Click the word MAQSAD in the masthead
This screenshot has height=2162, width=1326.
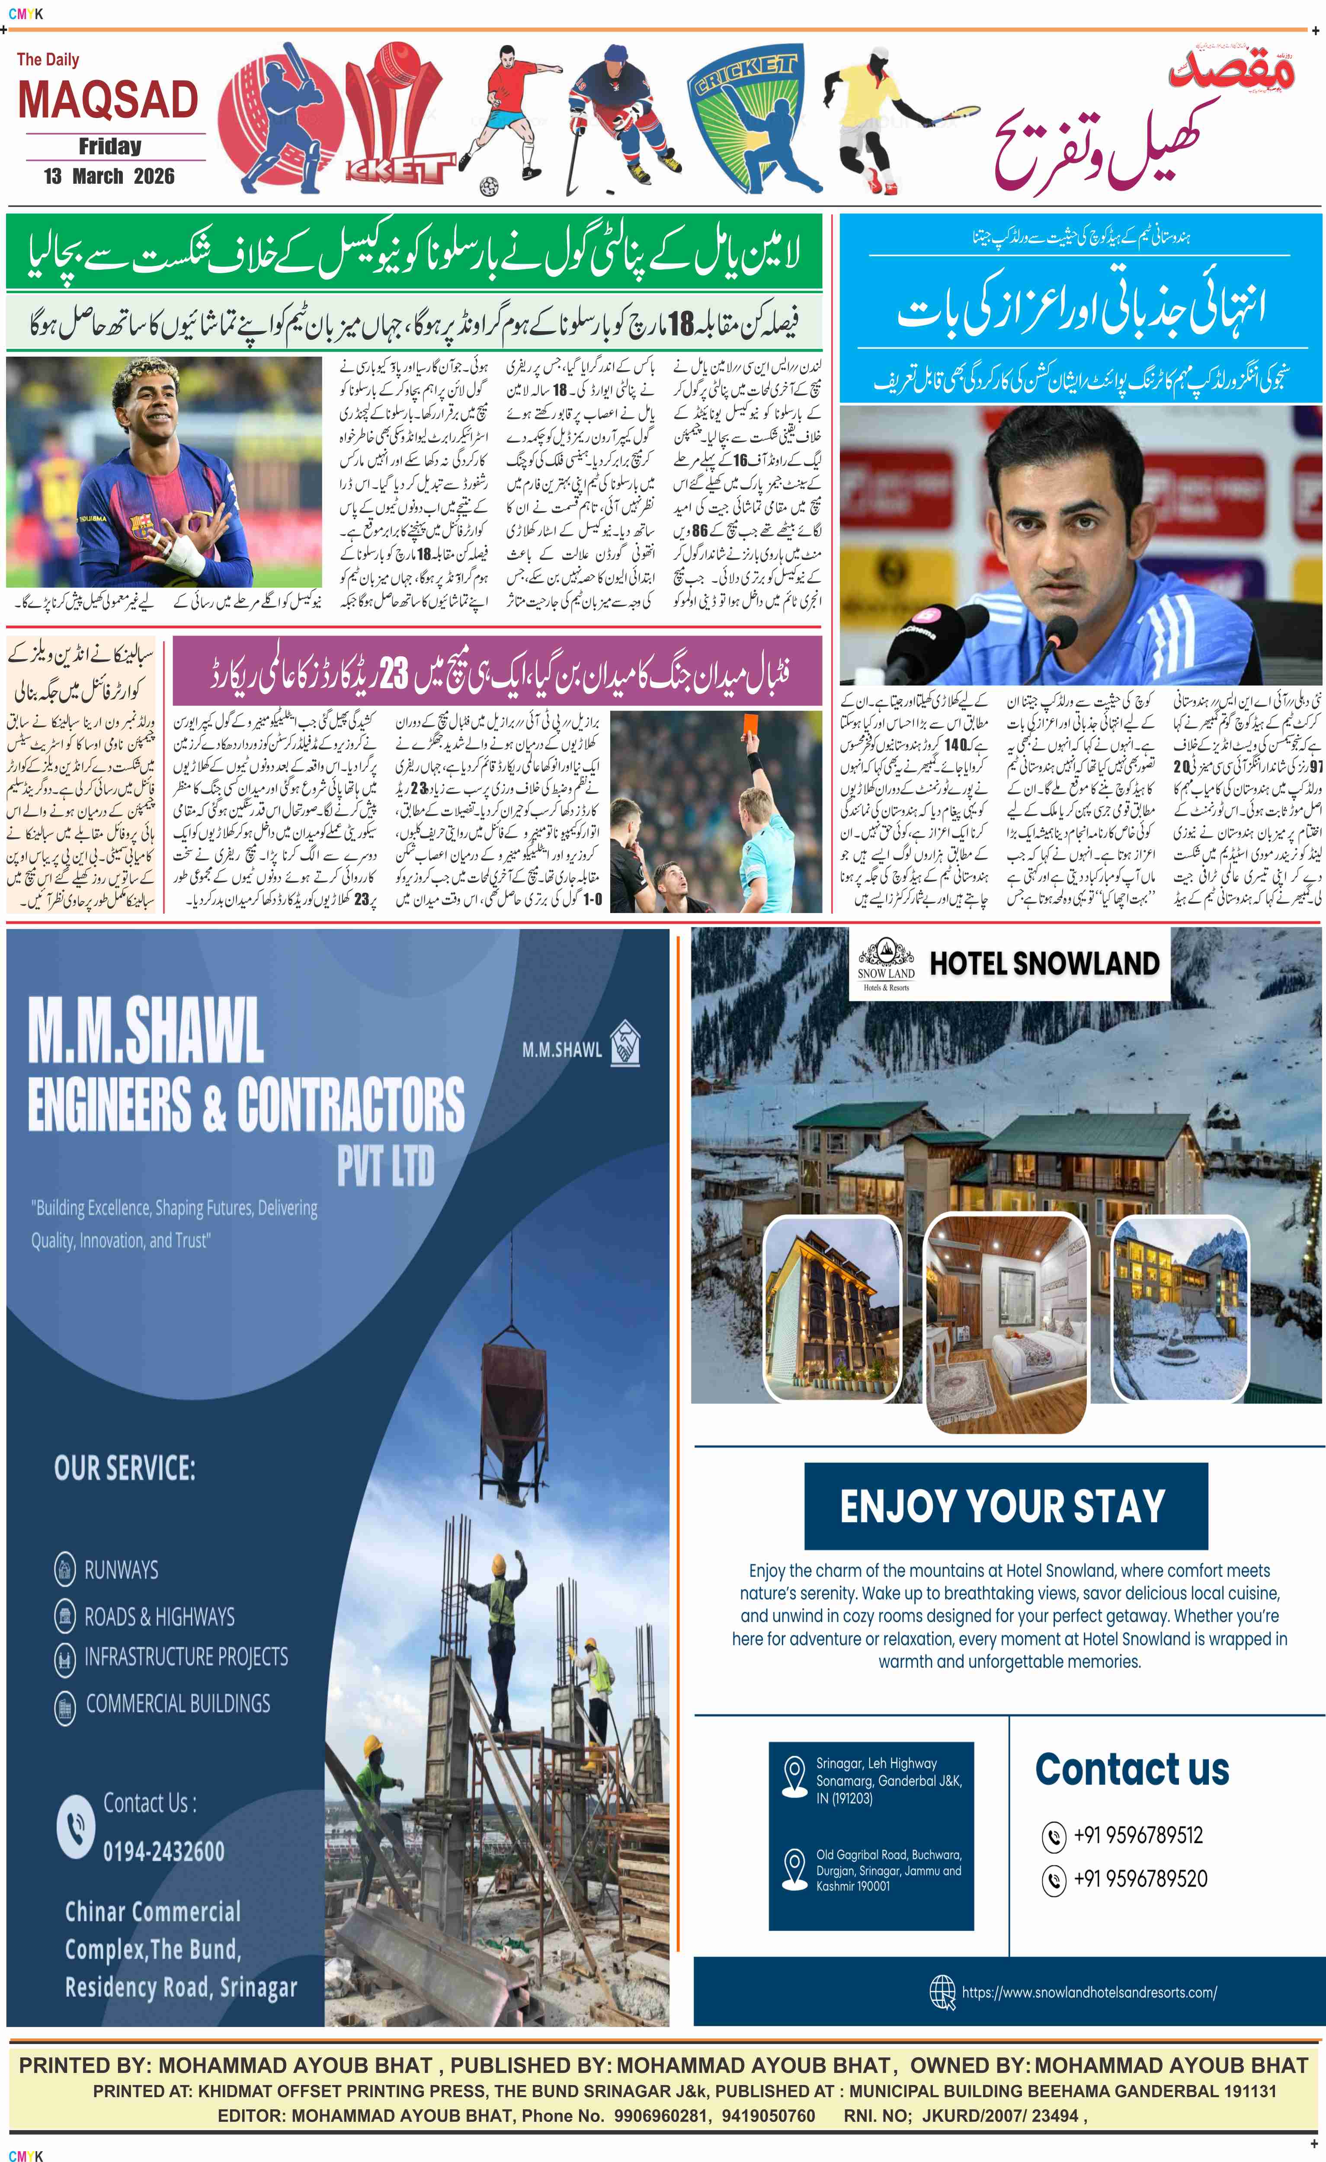click(x=108, y=100)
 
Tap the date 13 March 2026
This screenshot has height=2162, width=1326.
click(x=109, y=176)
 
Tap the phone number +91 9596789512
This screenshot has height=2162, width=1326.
click(x=1138, y=1835)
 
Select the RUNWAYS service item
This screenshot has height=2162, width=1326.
click(x=121, y=1570)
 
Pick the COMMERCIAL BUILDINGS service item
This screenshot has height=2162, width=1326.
click(x=177, y=1703)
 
